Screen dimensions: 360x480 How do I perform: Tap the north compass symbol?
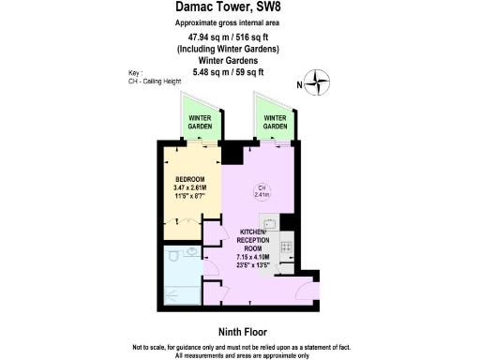pos(320,83)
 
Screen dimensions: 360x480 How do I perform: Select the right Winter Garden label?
pos(275,122)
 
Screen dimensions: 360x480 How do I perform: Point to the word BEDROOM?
pos(189,180)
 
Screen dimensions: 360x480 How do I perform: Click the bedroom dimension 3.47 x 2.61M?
pos(189,189)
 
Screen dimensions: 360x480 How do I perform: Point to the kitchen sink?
pos(267,224)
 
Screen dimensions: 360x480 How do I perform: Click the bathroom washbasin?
pos(192,251)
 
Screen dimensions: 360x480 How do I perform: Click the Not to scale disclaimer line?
pos(239,346)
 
